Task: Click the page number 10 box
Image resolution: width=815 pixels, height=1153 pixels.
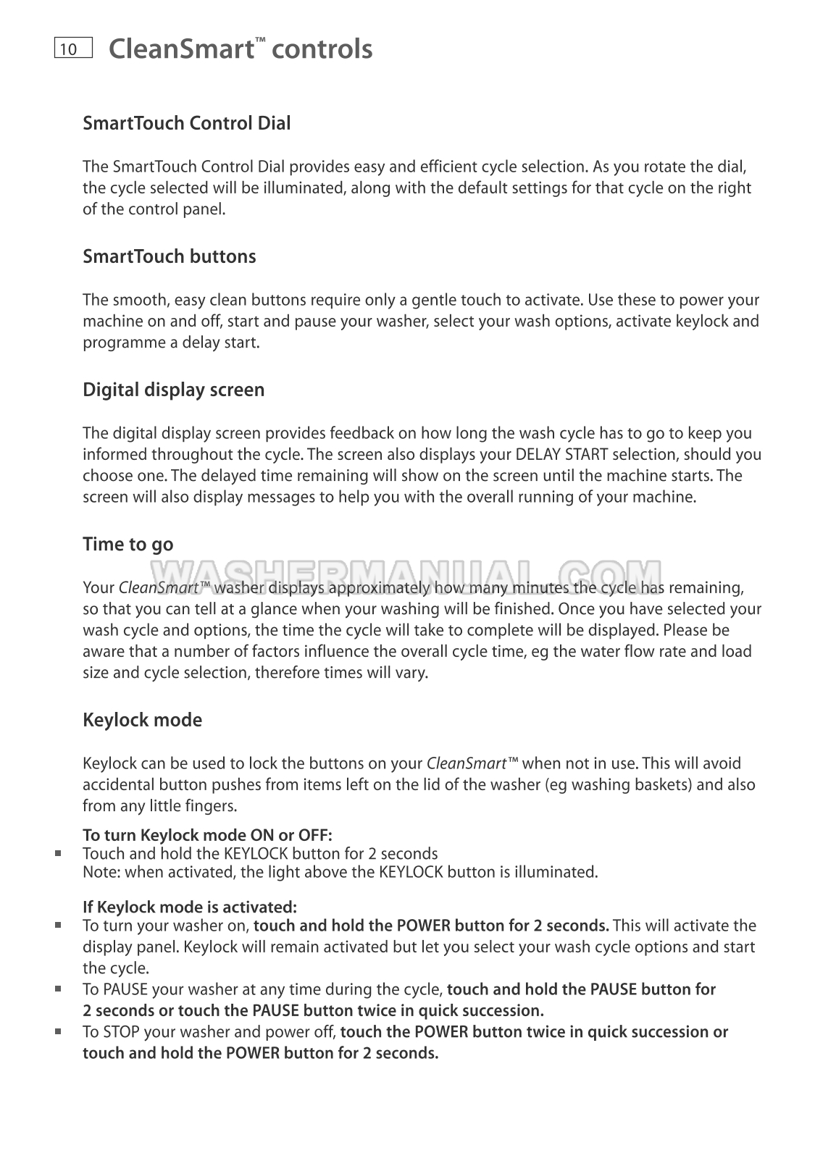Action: pyautogui.click(x=73, y=49)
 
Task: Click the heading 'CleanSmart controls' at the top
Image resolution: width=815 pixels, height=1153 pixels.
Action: pyautogui.click(x=240, y=49)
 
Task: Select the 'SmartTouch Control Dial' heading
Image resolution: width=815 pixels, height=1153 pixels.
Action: pyautogui.click(x=186, y=123)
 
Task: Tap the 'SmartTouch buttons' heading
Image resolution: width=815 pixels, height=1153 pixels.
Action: pyautogui.click(x=169, y=256)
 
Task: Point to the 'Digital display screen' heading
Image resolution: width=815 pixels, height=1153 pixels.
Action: pyautogui.click(x=173, y=390)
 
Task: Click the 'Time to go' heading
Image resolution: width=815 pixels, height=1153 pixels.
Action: pyautogui.click(x=128, y=544)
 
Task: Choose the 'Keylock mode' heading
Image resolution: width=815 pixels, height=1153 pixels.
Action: pyautogui.click(x=142, y=720)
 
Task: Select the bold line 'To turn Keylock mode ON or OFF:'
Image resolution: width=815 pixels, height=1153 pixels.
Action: pyautogui.click(x=207, y=835)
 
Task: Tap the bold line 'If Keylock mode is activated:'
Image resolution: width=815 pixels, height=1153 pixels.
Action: pyautogui.click(x=189, y=907)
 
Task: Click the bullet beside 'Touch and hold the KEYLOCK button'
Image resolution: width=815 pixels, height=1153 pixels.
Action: pyautogui.click(x=58, y=853)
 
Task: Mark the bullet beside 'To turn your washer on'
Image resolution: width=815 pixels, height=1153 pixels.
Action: pyautogui.click(x=58, y=925)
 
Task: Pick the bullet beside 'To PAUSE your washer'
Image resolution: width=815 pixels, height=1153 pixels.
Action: pyautogui.click(x=58, y=989)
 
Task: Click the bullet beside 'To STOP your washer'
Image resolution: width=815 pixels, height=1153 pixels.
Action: pyautogui.click(x=58, y=1031)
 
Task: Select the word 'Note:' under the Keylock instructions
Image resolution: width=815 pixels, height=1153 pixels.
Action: pyautogui.click(x=102, y=872)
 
